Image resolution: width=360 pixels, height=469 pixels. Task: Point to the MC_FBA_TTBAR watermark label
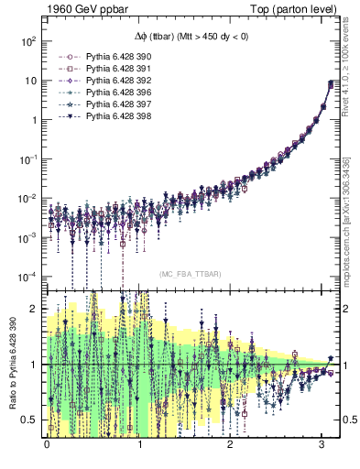(x=188, y=274)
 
